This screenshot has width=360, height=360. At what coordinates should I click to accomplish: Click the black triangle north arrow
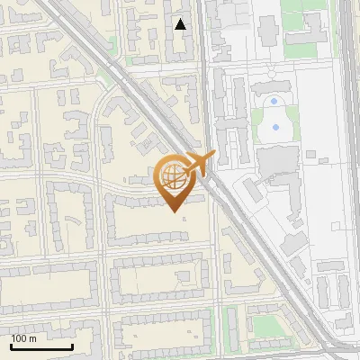pyautogui.click(x=181, y=24)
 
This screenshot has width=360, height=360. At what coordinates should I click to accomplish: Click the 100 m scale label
pyautogui.click(x=24, y=338)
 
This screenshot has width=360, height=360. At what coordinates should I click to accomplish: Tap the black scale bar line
pyautogui.click(x=41, y=346)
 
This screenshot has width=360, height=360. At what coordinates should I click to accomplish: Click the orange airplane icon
pyautogui.click(x=199, y=164)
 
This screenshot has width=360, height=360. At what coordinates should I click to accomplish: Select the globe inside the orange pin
pyautogui.click(x=172, y=176)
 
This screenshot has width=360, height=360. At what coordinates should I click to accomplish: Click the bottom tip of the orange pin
pyautogui.click(x=173, y=211)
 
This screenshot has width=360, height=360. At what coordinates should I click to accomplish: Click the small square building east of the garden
pyautogui.click(x=310, y=155)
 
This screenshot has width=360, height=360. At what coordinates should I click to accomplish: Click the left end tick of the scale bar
pyautogui.click(x=11, y=346)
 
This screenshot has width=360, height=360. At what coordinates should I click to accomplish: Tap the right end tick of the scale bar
pyautogui.click(x=72, y=346)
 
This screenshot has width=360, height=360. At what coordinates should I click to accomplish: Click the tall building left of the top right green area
pyautogui.click(x=267, y=27)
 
